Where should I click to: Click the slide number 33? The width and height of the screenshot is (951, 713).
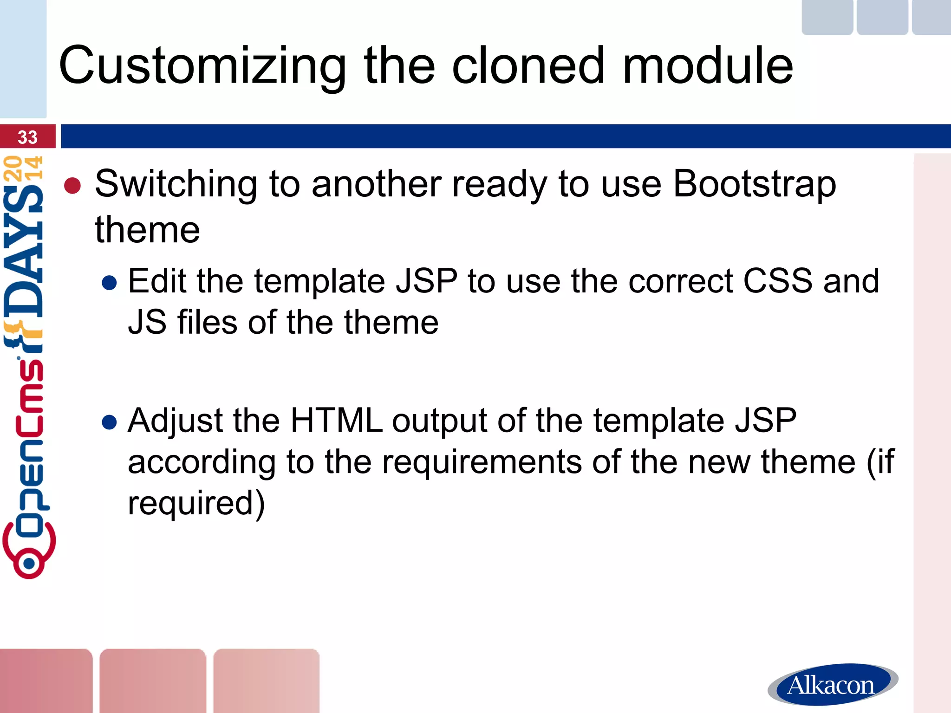pos(27,137)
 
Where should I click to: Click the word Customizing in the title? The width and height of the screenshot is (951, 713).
pos(202,66)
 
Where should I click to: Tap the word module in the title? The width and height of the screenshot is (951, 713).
pos(708,66)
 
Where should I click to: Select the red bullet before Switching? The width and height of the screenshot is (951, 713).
pos(72,186)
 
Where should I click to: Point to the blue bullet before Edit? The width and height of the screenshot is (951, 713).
pos(109,283)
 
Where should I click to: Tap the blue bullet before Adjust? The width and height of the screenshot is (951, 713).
pos(109,422)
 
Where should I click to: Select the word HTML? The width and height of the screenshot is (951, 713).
pos(336,421)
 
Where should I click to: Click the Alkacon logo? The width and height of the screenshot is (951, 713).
pos(832,684)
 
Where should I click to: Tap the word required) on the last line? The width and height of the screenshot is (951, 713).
pos(196,503)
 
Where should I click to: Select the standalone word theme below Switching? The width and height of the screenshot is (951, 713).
pos(147,230)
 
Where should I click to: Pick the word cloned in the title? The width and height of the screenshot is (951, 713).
pos(528,66)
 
